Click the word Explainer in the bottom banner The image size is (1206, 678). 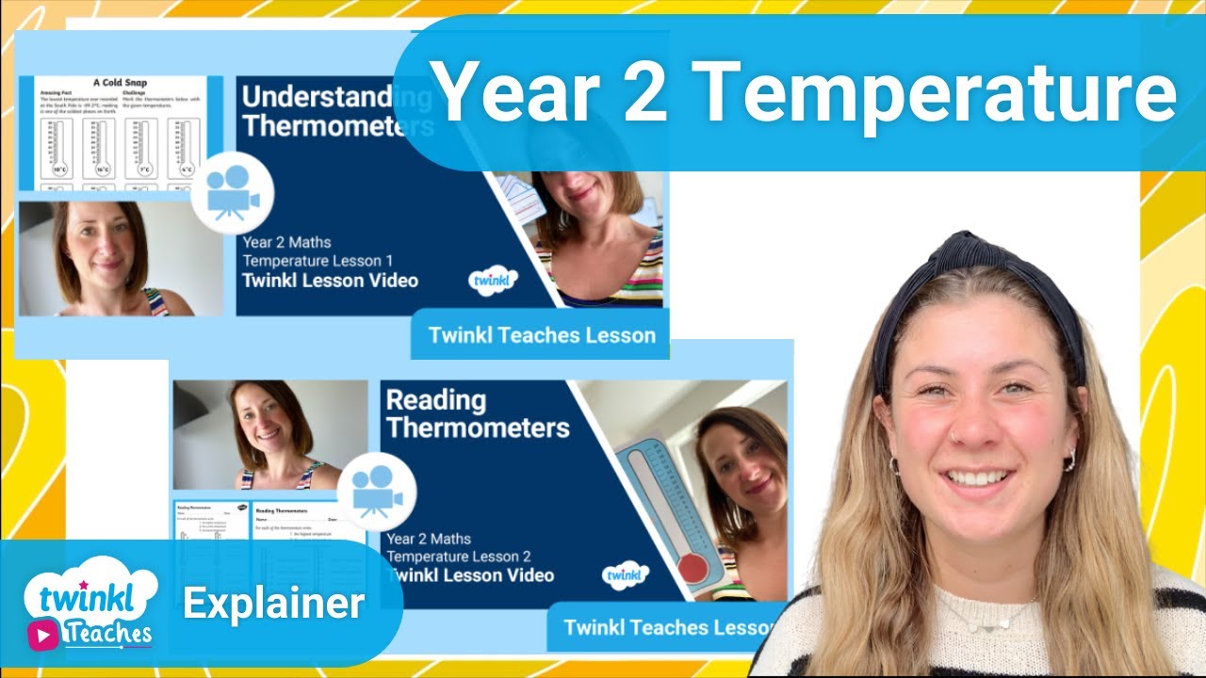tap(273, 604)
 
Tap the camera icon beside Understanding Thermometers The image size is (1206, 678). tap(232, 193)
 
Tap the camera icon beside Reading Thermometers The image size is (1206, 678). tap(376, 492)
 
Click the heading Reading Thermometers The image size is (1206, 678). tap(478, 413)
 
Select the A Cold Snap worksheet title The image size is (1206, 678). tap(121, 83)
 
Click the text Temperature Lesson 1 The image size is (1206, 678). tap(318, 261)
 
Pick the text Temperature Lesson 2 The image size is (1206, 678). tap(461, 557)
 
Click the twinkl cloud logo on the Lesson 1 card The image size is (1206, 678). tap(493, 281)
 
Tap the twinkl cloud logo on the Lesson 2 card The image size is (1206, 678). tap(625, 573)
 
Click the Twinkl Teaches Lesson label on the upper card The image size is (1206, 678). tap(542, 335)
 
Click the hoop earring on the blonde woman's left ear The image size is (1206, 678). tap(1069, 459)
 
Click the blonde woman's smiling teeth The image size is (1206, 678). tap(979, 476)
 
